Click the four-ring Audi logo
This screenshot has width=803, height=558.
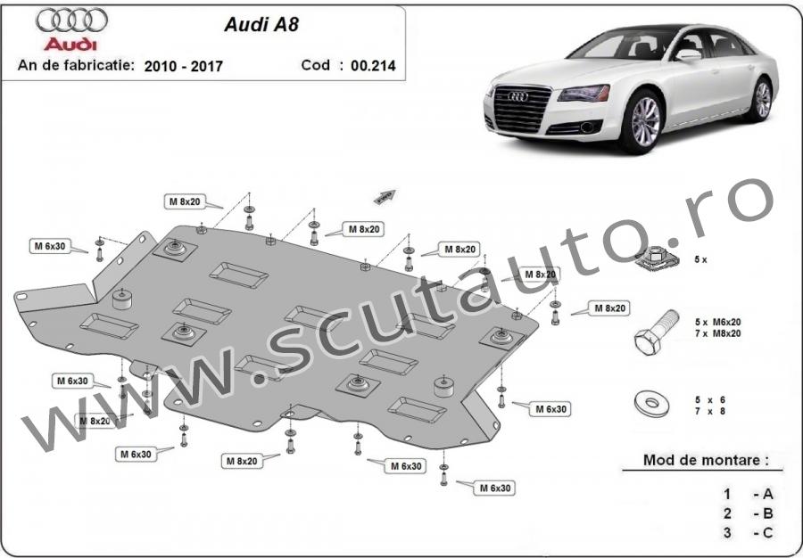click(71, 20)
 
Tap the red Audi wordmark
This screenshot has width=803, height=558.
click(70, 44)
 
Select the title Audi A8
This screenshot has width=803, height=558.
click(261, 25)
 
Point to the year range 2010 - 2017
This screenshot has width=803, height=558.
click(183, 66)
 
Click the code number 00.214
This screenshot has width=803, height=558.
click(373, 65)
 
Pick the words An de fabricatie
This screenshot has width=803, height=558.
click(77, 65)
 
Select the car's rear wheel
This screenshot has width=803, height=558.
click(762, 100)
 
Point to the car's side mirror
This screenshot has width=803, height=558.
click(688, 54)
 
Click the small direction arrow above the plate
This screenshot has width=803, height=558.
click(385, 196)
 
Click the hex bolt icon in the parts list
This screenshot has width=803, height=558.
click(657, 332)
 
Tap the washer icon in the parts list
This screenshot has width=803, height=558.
click(651, 404)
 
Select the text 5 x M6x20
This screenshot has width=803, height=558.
click(717, 322)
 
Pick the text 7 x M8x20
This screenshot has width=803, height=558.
click(717, 333)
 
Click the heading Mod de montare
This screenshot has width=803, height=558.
click(706, 460)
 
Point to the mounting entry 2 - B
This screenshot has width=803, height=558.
click(748, 513)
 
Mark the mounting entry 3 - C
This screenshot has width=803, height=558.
click(748, 532)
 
